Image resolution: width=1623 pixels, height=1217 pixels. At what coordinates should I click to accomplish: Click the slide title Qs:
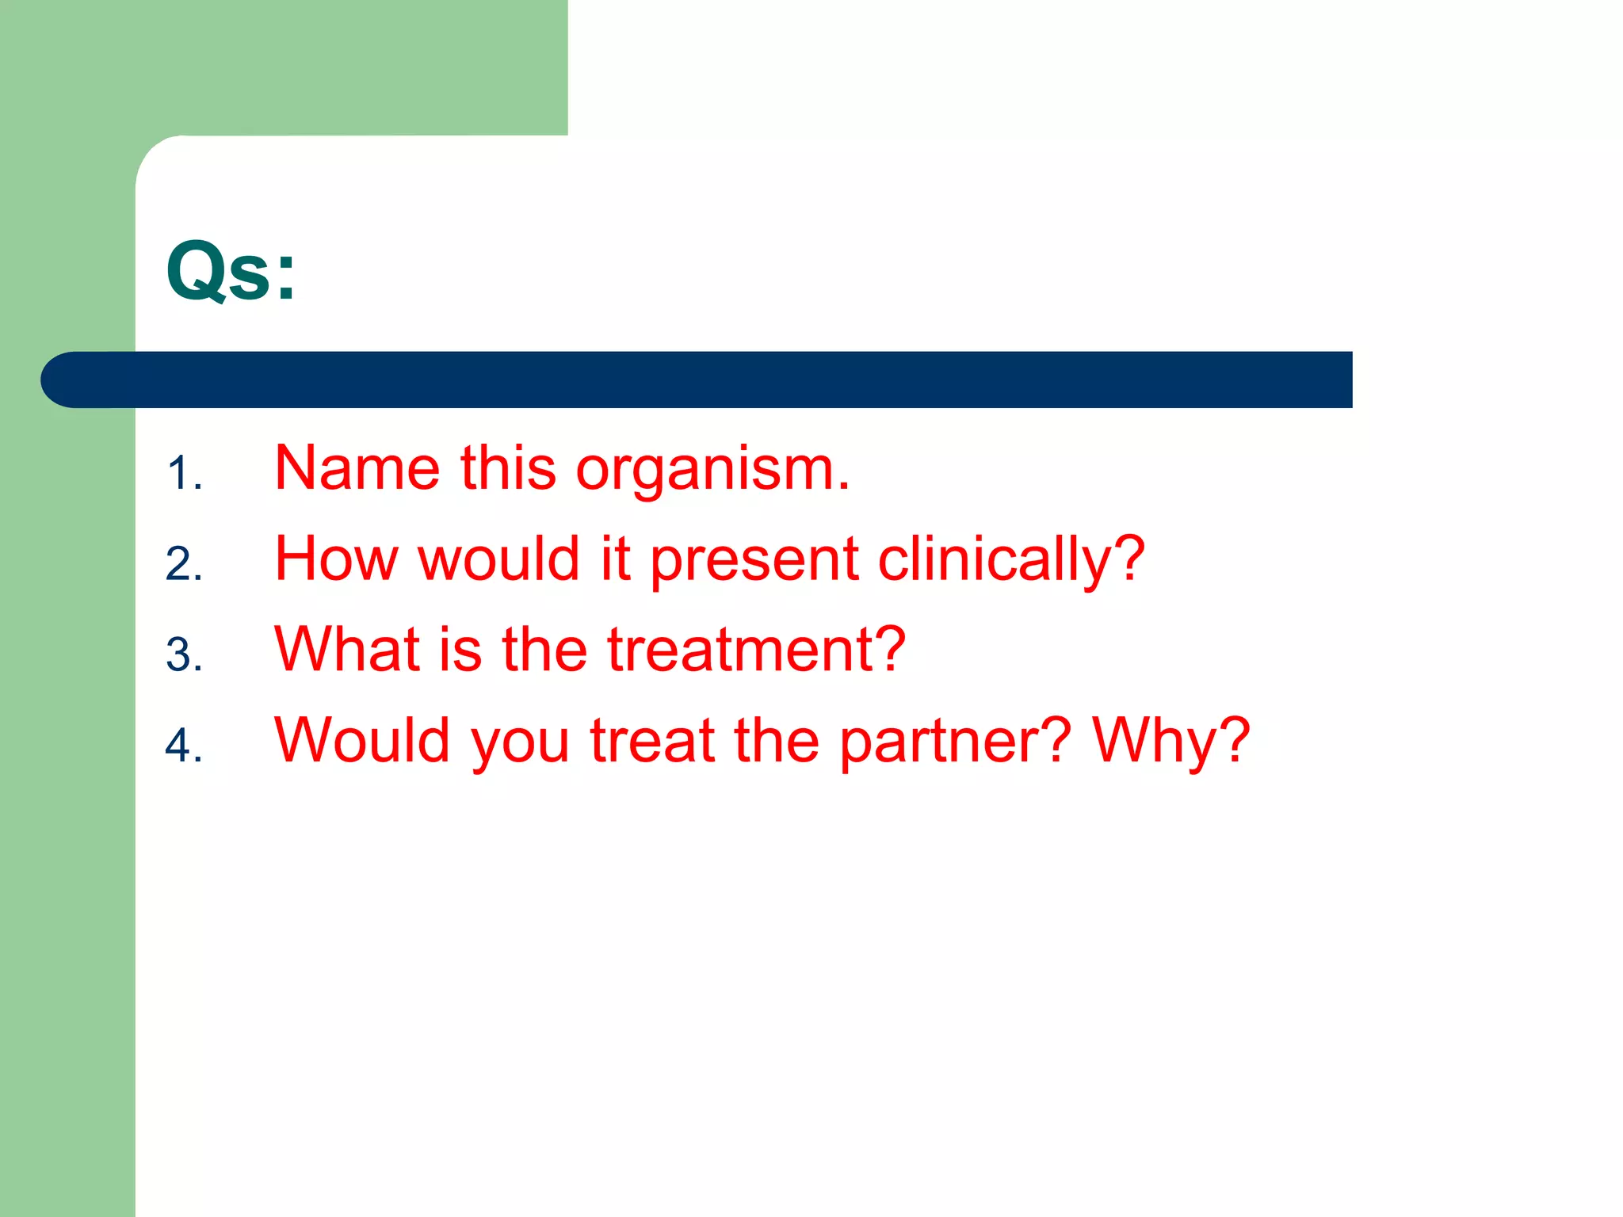(231, 272)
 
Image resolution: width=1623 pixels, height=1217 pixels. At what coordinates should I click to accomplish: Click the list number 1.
(184, 474)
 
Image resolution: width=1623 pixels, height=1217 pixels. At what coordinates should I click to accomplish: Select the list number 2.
(184, 564)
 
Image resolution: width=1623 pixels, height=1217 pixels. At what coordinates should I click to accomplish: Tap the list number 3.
(184, 655)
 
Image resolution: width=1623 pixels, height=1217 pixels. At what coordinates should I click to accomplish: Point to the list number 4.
(184, 746)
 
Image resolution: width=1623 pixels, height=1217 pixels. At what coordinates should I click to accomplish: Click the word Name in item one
(357, 468)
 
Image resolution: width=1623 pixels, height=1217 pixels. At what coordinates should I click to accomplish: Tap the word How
(335, 559)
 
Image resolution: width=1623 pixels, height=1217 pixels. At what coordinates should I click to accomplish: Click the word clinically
(1010, 560)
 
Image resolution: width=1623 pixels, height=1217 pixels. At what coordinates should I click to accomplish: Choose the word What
(346, 650)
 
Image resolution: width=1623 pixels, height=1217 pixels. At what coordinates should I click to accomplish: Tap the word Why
(1170, 741)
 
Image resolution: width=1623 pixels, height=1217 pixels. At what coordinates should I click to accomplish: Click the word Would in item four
(362, 740)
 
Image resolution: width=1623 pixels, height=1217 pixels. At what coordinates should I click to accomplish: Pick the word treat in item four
(652, 740)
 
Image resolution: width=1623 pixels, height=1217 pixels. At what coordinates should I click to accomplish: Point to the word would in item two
(498, 559)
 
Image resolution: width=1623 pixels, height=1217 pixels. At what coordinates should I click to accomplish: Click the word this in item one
(508, 468)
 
